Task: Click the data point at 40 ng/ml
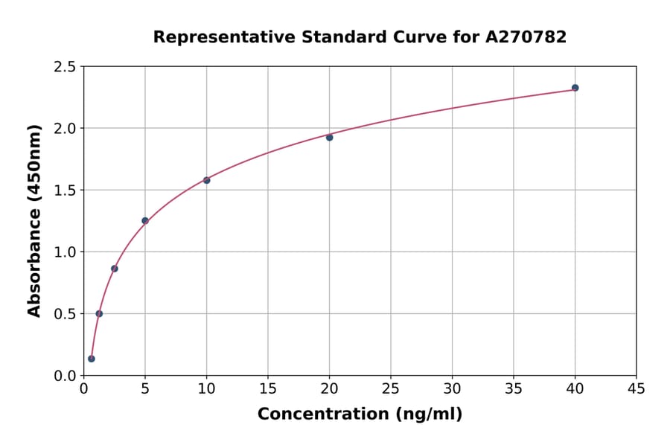click(x=575, y=88)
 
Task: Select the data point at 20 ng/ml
click(x=329, y=137)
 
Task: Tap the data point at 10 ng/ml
click(x=207, y=180)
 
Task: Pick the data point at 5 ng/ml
click(x=145, y=220)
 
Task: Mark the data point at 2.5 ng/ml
click(x=115, y=269)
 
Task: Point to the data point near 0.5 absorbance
click(x=99, y=313)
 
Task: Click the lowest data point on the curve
click(x=92, y=359)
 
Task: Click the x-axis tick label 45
click(x=636, y=388)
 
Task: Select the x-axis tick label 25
click(x=391, y=388)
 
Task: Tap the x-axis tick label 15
click(x=268, y=388)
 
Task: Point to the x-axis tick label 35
click(x=514, y=388)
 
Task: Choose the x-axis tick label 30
click(x=452, y=388)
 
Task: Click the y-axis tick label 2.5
click(x=66, y=67)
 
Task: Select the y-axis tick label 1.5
click(x=66, y=190)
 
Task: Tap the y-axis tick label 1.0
click(x=66, y=252)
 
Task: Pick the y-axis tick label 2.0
click(x=66, y=129)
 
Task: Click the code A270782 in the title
click(x=526, y=37)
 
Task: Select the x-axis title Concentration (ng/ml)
click(x=360, y=414)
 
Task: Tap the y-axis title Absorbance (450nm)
click(x=34, y=221)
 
